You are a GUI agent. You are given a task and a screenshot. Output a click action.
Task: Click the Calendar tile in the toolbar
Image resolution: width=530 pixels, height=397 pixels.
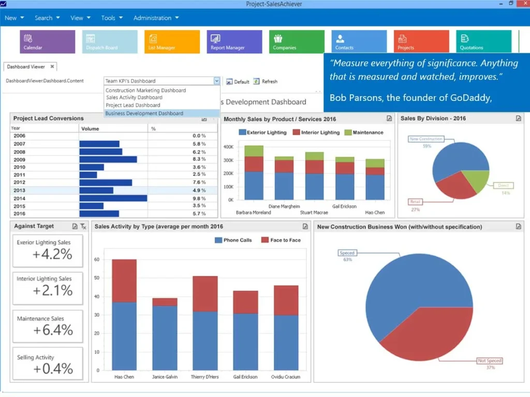(47, 41)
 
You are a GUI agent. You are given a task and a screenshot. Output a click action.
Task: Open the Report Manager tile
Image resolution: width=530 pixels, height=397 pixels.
(234, 41)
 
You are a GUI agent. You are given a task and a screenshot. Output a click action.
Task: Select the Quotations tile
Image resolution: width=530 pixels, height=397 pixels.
(483, 41)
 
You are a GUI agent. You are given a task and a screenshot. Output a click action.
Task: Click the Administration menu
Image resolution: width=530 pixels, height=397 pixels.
(155, 18)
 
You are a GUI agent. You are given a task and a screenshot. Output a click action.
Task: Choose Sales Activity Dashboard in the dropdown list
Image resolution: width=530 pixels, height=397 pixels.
(134, 97)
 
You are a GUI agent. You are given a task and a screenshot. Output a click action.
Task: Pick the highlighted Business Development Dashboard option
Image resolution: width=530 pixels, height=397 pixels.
(144, 113)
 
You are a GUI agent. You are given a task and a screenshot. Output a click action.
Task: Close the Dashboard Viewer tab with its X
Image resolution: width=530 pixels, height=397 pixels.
(52, 67)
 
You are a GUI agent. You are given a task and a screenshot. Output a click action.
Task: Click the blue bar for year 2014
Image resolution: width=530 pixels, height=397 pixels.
(113, 198)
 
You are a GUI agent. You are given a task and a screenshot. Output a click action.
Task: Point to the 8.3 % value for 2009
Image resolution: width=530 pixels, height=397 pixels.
(199, 159)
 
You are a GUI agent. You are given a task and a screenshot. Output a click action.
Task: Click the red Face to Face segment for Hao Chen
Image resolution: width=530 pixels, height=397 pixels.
(124, 280)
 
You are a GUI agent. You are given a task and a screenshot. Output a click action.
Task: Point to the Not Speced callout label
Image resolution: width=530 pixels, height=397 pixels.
(489, 360)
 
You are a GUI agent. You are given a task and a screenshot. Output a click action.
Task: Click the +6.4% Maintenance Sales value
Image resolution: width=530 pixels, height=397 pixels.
(53, 330)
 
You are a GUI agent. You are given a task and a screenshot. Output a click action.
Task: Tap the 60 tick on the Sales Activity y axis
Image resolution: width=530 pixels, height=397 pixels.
(97, 259)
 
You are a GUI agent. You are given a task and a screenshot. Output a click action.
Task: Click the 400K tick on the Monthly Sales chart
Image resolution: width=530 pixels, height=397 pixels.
(228, 147)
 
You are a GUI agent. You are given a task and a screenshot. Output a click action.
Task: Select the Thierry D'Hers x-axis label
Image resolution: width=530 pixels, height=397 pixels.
(204, 377)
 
